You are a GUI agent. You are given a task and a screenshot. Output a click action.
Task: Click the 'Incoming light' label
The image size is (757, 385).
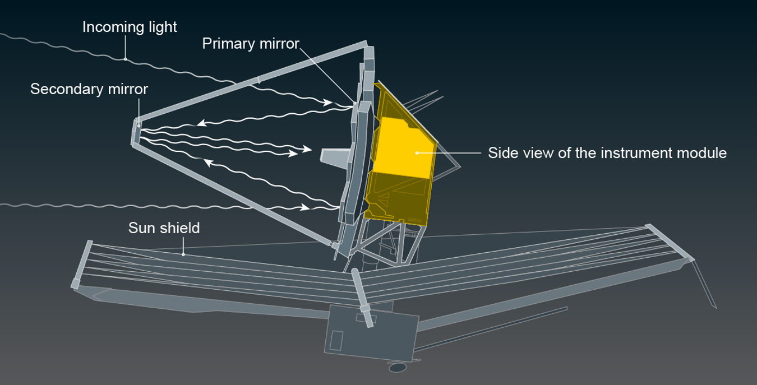[130, 27]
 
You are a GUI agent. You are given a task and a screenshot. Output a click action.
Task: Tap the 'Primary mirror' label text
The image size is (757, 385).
[251, 43]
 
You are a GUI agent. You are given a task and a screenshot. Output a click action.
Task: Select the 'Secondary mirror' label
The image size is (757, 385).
[89, 89]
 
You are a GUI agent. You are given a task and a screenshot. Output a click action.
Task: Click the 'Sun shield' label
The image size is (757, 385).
[164, 228]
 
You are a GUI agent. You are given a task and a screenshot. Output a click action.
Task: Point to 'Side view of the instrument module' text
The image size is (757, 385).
[607, 153]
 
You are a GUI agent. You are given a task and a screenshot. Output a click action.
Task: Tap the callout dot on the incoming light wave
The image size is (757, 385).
[125, 58]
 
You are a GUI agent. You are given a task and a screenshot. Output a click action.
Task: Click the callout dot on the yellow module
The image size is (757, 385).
[417, 152]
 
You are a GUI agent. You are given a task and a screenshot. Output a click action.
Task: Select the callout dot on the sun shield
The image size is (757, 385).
[183, 254]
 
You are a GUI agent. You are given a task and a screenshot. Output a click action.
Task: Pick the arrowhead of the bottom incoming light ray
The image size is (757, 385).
[306, 207]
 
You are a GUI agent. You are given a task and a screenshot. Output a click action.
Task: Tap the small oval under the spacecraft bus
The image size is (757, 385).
[398, 367]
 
